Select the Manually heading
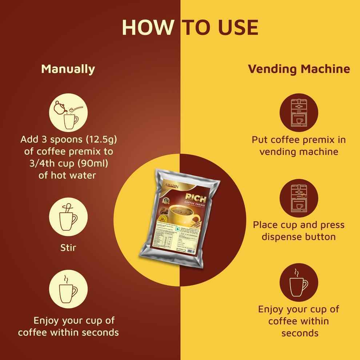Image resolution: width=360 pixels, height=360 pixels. tap(68, 69)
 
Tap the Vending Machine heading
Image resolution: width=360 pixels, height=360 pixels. tap(299, 69)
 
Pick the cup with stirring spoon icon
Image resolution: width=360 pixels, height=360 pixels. tap(68, 217)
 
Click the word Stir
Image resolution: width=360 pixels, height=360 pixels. tap(68, 249)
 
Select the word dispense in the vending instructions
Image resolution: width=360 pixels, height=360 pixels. tap(282, 237)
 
